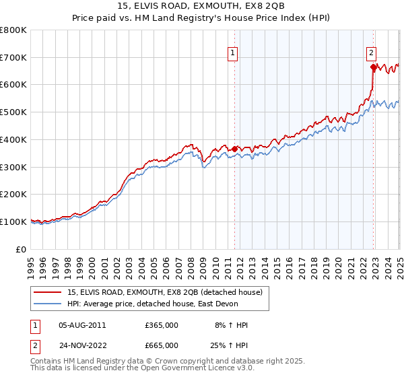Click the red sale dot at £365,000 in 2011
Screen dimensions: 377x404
pos(234,149)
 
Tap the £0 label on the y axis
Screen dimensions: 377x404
pos(21,249)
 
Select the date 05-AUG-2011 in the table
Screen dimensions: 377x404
pos(82,325)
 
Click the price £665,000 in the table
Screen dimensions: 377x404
pos(162,345)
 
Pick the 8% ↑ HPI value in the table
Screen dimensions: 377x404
pos(231,325)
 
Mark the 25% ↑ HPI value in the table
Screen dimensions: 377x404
pos(231,345)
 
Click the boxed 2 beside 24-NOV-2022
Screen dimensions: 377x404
pos(34,345)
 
